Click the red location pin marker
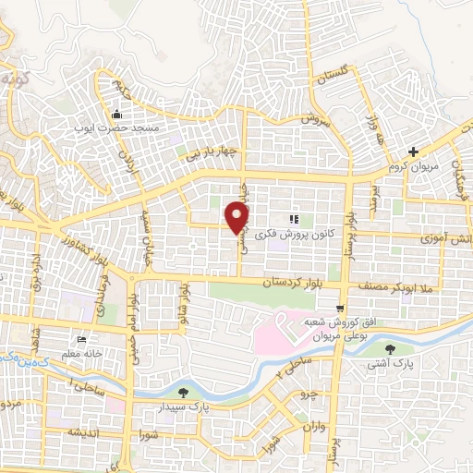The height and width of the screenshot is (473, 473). pos(238,217)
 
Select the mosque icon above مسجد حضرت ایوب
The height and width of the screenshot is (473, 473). pos(117,115)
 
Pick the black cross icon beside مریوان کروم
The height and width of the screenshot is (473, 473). pos(414,152)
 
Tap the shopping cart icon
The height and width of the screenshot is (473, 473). pos(341,309)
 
